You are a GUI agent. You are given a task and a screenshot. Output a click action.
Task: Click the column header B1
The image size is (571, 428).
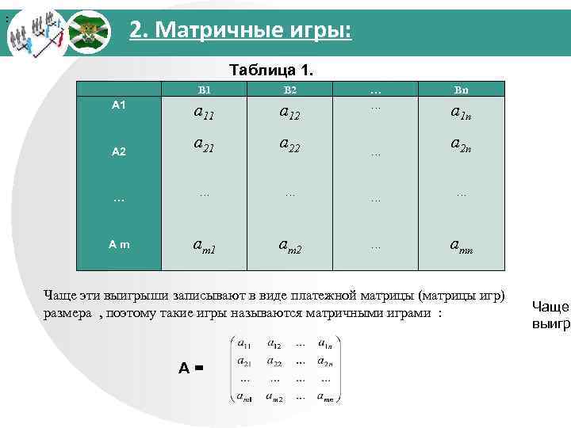click(205, 90)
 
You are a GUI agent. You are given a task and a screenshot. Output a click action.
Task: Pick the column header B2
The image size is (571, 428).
click(289, 90)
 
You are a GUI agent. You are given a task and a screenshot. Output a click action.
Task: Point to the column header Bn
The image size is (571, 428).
click(461, 90)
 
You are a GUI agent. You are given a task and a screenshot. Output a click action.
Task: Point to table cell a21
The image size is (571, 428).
click(205, 144)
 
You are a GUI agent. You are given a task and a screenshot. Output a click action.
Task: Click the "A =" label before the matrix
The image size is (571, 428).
click(191, 368)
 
